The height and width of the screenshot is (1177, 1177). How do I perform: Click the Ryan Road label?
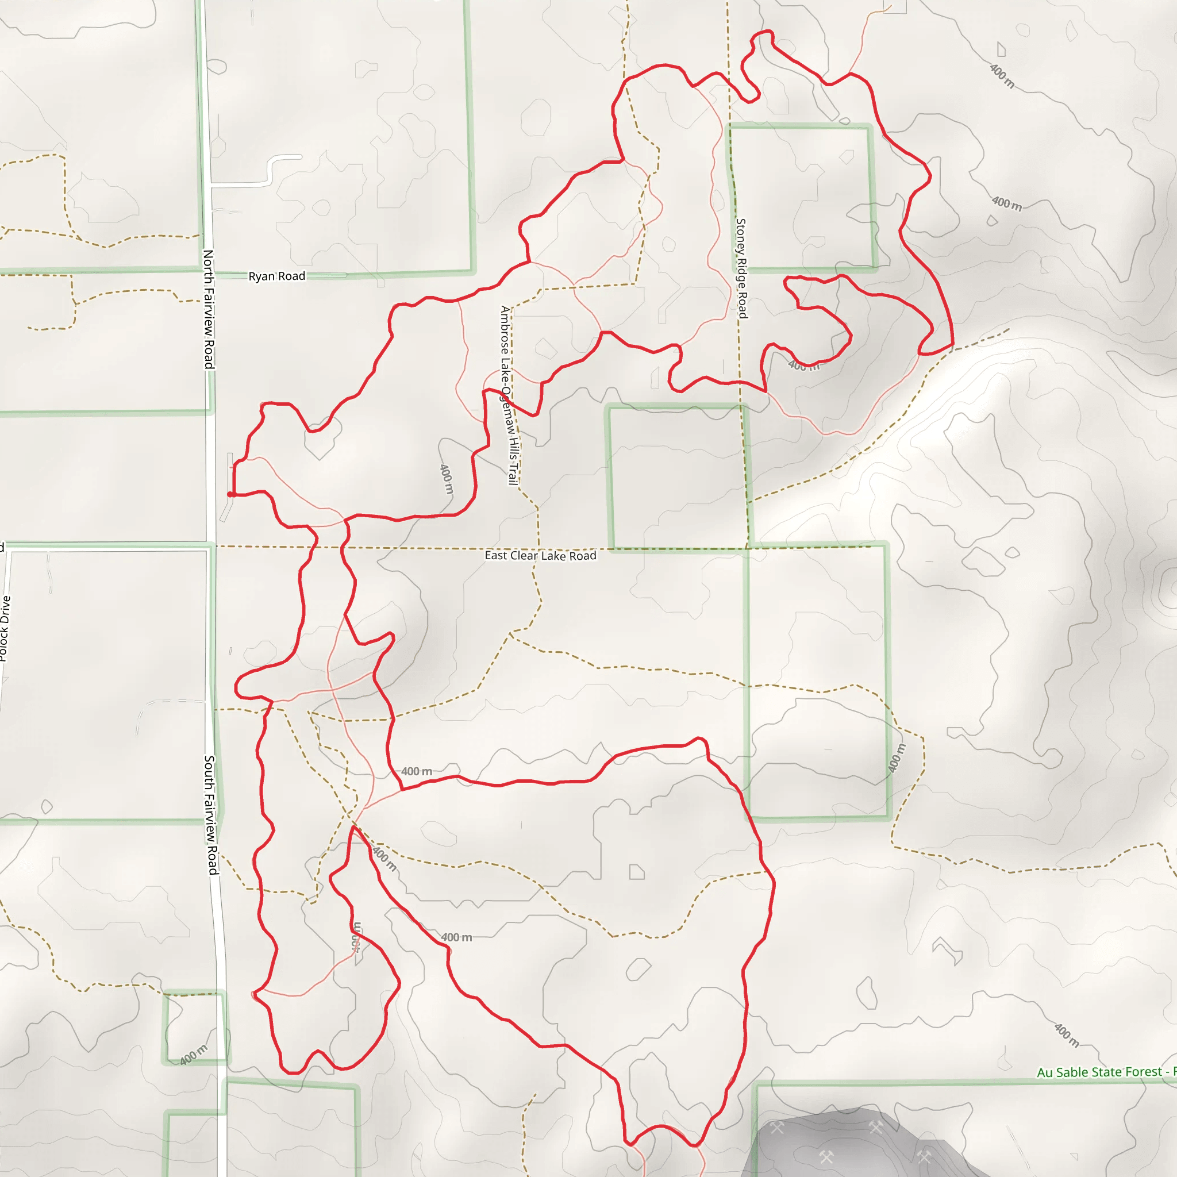click(x=276, y=276)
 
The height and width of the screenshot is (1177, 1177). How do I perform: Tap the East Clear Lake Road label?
click(x=540, y=555)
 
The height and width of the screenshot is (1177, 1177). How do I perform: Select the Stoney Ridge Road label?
click(x=741, y=268)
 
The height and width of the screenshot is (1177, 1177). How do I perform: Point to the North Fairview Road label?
click(x=209, y=309)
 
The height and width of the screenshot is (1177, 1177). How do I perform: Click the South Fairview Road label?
click(x=210, y=815)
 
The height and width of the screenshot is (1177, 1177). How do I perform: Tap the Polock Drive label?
click(x=5, y=628)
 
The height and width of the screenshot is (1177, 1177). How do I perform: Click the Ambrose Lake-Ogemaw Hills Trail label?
click(x=509, y=395)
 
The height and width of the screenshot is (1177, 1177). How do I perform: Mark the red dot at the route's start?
click(x=230, y=495)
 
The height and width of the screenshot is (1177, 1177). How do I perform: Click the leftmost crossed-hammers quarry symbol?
click(x=777, y=1128)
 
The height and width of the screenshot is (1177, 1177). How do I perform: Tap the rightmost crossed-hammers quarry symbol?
click(x=925, y=1156)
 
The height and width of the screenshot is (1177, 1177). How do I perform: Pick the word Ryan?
click(x=262, y=276)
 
